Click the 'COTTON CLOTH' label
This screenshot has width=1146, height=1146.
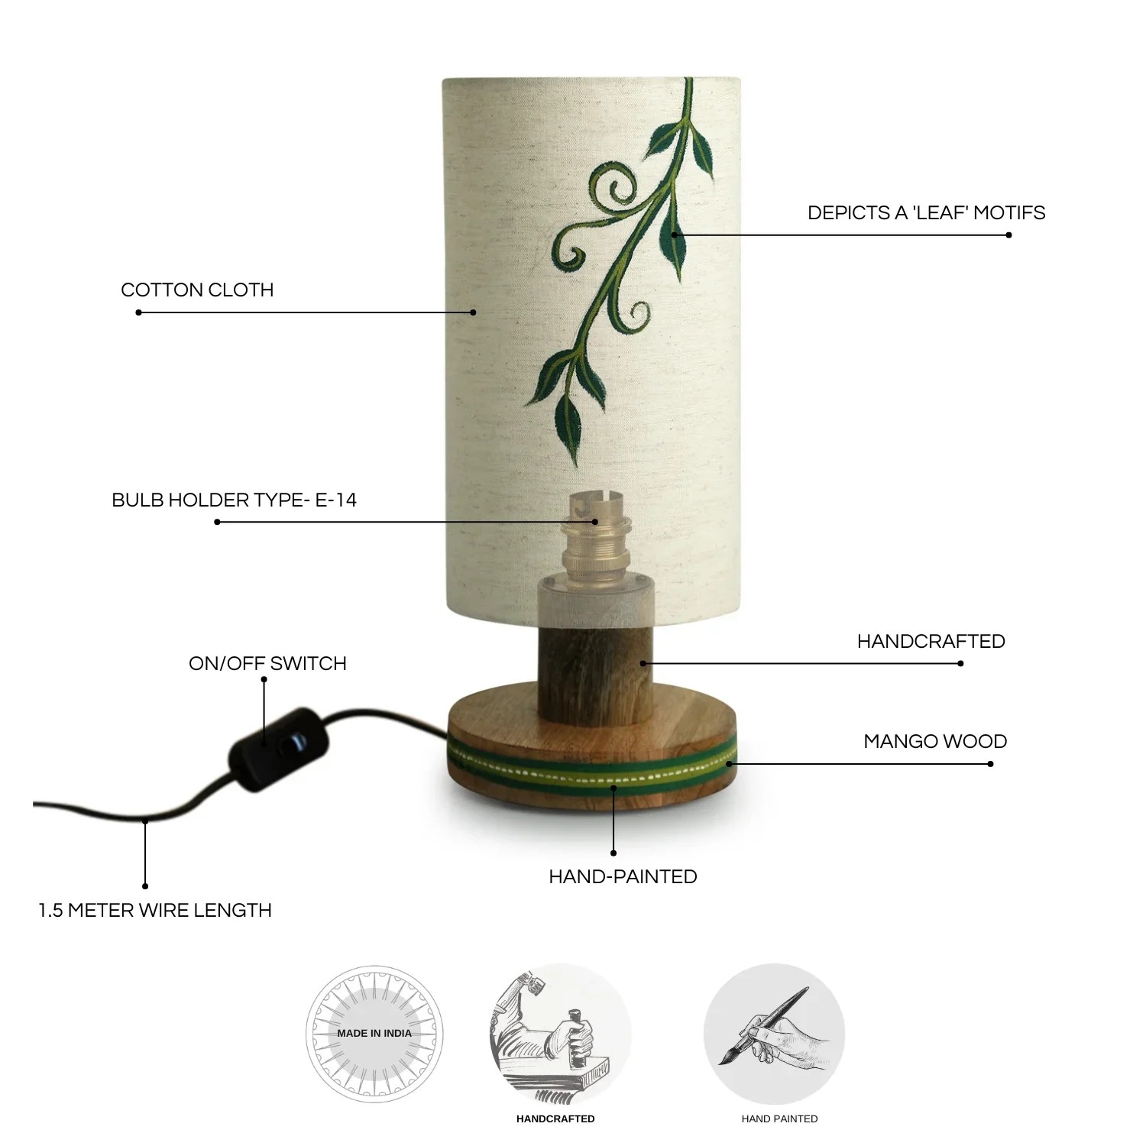coord(197,290)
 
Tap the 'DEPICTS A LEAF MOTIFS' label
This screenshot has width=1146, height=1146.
coord(926,213)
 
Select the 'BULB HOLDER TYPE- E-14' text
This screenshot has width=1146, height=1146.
coord(234,500)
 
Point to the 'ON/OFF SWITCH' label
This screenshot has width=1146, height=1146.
coord(267,664)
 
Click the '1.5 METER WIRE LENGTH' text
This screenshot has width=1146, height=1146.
coord(155,911)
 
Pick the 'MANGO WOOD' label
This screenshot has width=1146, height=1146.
coord(935,742)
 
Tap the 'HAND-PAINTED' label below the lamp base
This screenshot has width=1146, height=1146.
coord(623,877)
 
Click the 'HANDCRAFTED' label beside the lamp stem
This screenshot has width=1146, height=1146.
coord(931,642)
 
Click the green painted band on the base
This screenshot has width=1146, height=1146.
coord(592,770)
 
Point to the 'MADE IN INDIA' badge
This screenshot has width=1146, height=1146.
coord(374,1034)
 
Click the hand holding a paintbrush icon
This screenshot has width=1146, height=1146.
coord(774,1034)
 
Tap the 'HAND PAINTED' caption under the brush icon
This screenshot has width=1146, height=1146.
coord(779,1119)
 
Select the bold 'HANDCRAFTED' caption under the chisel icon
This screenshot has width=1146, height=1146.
coord(555,1119)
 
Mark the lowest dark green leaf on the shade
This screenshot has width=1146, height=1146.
coord(568,432)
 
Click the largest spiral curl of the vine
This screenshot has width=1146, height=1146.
coord(607,194)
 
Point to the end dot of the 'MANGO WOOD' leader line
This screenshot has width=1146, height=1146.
coord(991,764)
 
